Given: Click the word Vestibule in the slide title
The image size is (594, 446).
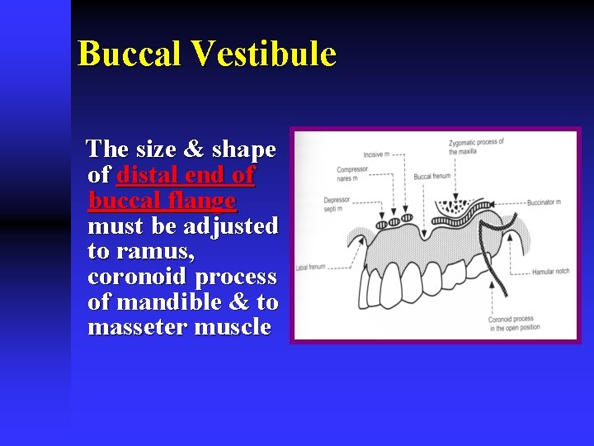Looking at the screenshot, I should (x=264, y=55).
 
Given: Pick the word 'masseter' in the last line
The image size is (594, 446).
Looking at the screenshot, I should (x=138, y=327).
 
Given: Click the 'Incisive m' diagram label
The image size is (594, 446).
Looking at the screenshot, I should (x=376, y=154).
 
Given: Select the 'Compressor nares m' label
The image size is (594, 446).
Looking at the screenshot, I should (x=352, y=174).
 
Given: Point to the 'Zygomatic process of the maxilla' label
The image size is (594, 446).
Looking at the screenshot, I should (x=476, y=146).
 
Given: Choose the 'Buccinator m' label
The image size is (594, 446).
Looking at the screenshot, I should (x=544, y=202).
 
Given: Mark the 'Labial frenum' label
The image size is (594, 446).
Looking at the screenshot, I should (x=311, y=267).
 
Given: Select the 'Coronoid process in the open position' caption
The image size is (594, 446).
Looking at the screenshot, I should (x=511, y=323).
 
